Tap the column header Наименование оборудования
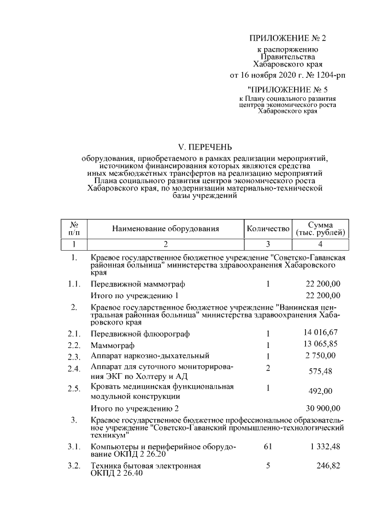point(165,229)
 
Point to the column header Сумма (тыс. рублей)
point(320,229)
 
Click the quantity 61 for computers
point(267,446)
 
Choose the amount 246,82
point(329,466)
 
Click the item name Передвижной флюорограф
point(140,334)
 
